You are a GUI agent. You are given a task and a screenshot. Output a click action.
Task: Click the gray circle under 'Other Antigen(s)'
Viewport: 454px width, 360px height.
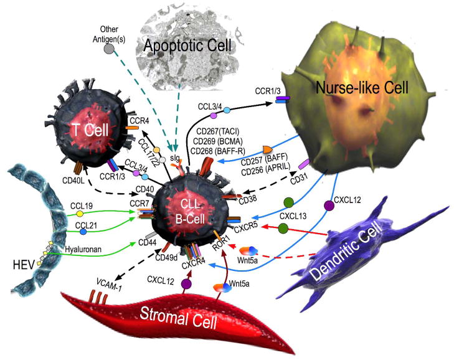[110, 48]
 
